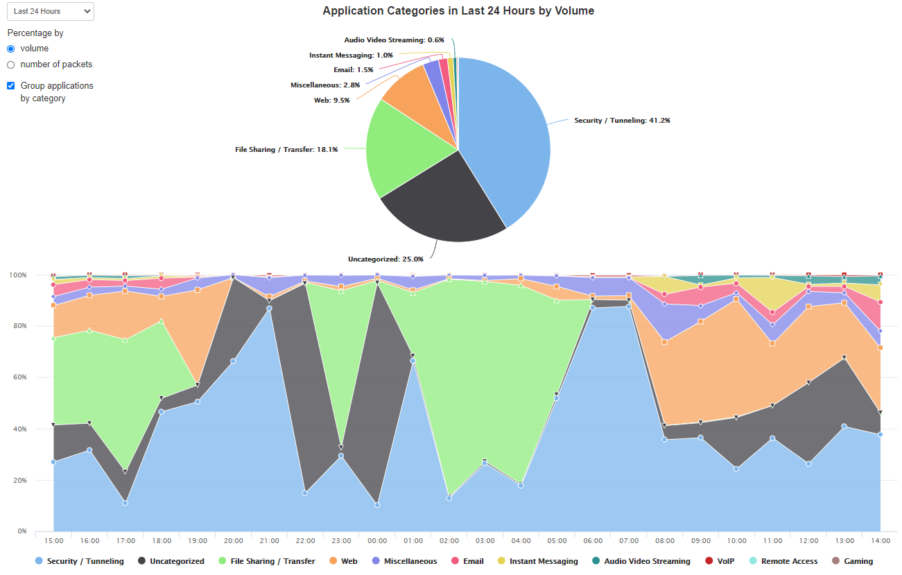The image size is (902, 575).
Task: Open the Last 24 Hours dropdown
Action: coord(50,11)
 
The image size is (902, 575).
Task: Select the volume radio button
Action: coord(10,49)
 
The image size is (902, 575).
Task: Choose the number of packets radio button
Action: coord(10,65)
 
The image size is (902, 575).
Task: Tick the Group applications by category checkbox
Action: coord(10,86)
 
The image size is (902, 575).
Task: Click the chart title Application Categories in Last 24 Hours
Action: coord(458,11)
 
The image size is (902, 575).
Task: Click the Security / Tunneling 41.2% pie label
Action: coord(622,121)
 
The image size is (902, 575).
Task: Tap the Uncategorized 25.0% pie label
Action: coord(385,259)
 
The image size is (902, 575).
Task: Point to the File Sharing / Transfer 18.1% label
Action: coord(286,149)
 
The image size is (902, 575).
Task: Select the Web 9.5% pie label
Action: coord(331,101)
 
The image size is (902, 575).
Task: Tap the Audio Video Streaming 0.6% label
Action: coord(394,40)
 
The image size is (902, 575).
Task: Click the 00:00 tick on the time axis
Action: coord(377,541)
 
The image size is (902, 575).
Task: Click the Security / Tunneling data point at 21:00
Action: coord(269,309)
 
